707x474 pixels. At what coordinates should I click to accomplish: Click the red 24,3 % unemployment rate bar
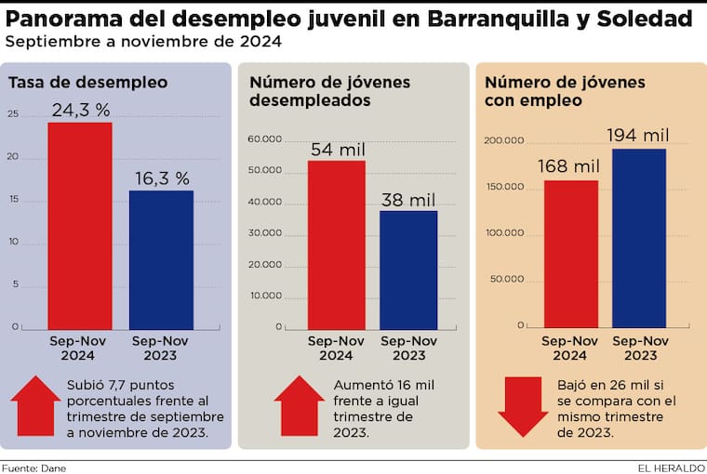coord(80,225)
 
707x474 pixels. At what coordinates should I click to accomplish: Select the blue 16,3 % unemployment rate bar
coord(161,258)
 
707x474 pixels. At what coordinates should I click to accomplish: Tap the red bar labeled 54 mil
coord(337,245)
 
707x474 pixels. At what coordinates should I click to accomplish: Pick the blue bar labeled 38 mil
coord(408,270)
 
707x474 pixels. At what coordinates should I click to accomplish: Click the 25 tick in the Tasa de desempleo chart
coord(12,114)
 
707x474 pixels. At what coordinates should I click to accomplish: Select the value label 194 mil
coord(640,136)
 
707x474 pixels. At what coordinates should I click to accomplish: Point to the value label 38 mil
coord(408,199)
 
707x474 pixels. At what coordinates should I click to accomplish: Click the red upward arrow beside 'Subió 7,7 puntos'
coord(35,405)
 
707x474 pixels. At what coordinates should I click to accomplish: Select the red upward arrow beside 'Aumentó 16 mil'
coord(300,405)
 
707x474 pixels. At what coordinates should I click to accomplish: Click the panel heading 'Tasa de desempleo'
coord(87,83)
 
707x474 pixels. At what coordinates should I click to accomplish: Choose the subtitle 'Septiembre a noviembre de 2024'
coord(143,43)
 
